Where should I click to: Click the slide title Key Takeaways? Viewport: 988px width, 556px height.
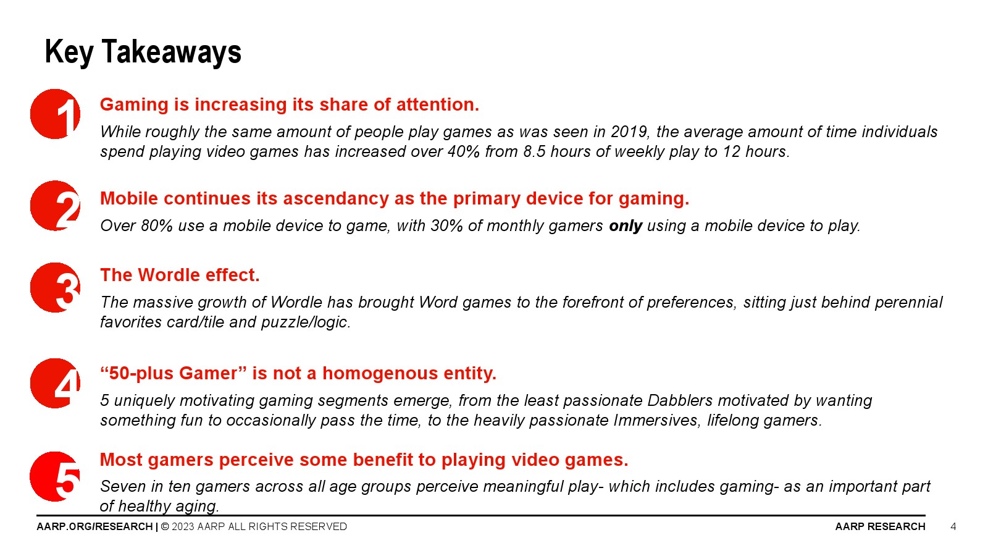(143, 53)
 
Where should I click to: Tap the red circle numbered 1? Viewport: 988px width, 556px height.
(55, 114)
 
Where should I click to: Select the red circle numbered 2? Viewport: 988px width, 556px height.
(55, 206)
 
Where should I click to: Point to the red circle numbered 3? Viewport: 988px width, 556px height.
(55, 288)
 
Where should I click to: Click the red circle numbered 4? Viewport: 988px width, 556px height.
(55, 383)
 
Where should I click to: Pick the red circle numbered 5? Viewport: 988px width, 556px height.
(55, 476)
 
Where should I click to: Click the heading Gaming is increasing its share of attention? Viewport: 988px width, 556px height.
(290, 104)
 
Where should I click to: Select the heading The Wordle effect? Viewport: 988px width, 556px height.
(180, 275)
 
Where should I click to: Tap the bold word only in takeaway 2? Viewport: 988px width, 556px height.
(626, 226)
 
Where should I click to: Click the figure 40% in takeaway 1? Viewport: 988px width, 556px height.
(464, 152)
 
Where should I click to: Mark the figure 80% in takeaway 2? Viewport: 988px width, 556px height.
(157, 226)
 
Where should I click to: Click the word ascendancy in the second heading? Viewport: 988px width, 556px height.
(336, 198)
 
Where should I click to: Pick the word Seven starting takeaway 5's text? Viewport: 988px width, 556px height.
(123, 486)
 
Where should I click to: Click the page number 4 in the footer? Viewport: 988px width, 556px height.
(953, 526)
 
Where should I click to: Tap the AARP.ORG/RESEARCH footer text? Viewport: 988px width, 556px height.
(94, 526)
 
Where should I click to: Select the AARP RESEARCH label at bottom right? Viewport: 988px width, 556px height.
(881, 526)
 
